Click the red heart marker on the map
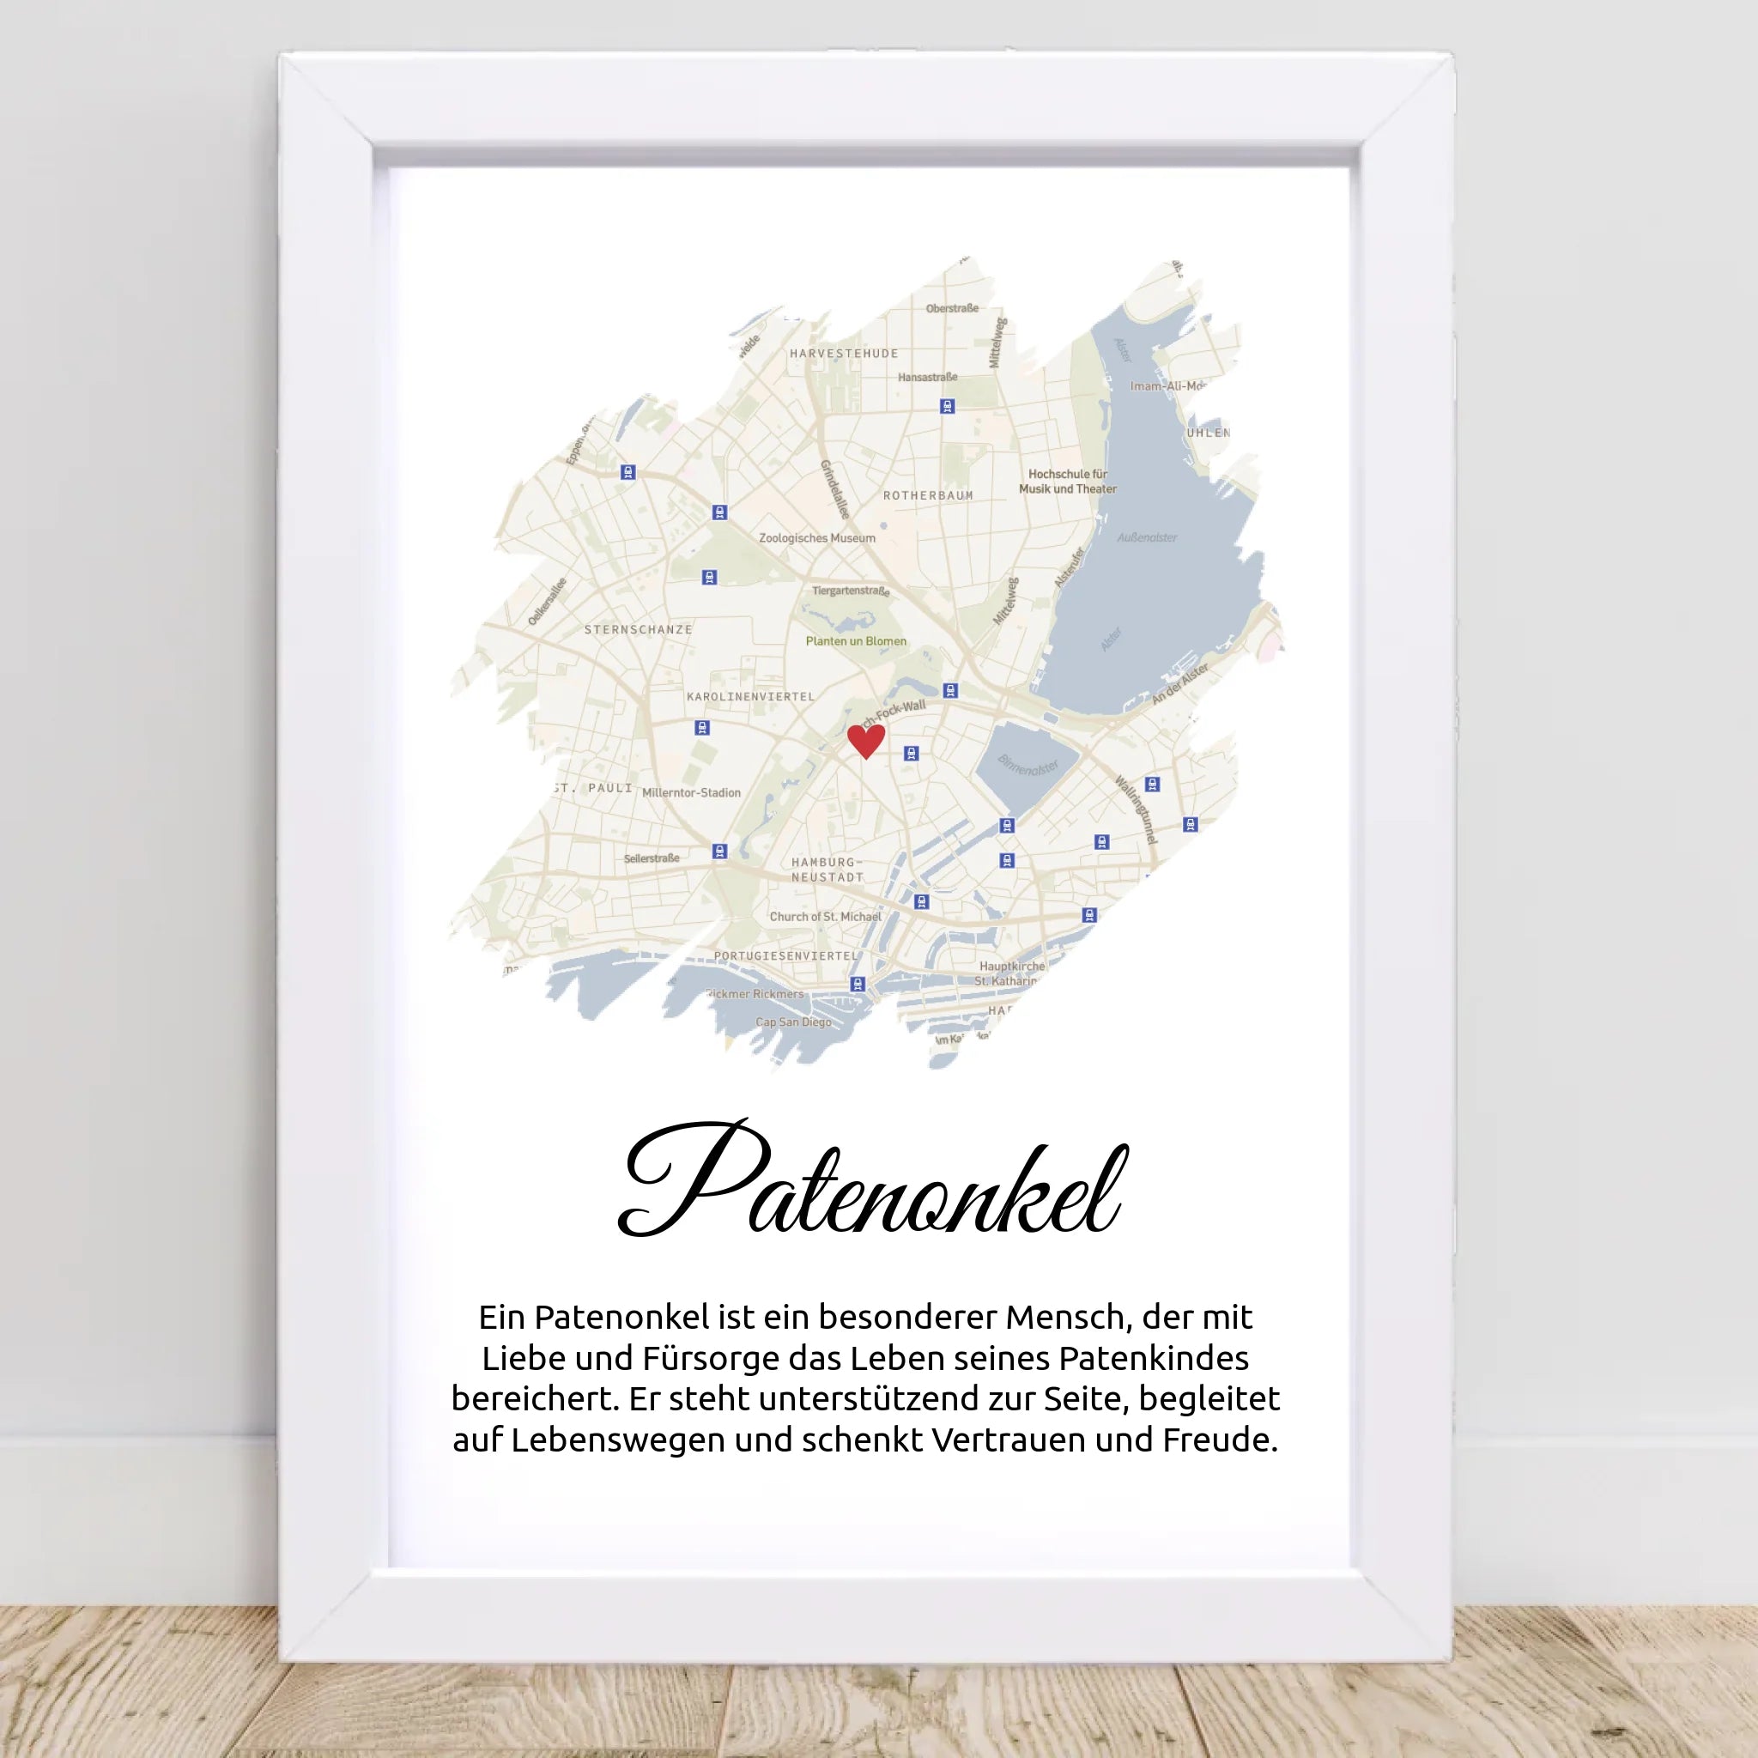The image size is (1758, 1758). [865, 740]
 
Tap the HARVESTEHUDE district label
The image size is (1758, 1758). [844, 353]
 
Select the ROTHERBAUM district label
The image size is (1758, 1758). [928, 495]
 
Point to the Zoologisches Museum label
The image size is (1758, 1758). [817, 537]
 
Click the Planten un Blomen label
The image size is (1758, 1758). [855, 640]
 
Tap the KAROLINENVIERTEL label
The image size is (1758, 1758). [751, 696]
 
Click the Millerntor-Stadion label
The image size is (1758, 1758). [692, 792]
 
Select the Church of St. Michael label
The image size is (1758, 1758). [825, 916]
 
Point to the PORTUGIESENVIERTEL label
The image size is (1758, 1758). [786, 955]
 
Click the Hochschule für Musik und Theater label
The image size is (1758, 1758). [1067, 482]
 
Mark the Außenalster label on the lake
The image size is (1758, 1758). [1147, 537]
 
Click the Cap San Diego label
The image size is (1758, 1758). [793, 1021]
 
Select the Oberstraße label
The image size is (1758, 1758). [952, 308]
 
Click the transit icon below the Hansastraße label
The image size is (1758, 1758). [948, 406]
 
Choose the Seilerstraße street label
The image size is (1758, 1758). [652, 858]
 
